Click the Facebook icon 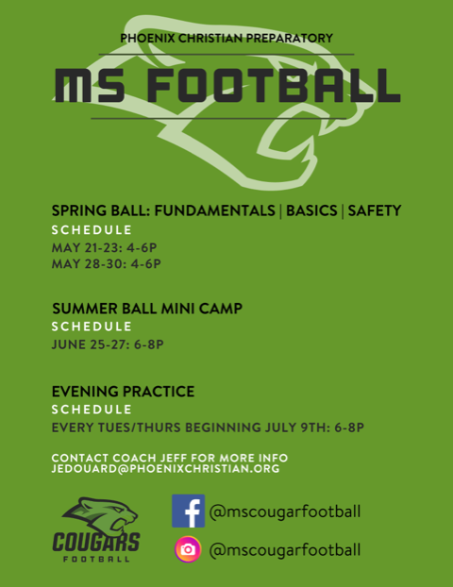pos(188,511)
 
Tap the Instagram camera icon pos(188,549)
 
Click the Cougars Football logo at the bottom pos(96,529)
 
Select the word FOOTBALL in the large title pos(274,85)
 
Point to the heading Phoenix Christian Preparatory pos(226,38)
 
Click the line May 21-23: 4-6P pos(104,247)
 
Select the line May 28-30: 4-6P pos(107,264)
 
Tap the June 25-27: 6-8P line pos(108,344)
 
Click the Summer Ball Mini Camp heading pos(147,309)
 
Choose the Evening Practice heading pos(124,392)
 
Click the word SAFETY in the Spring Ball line pos(375,210)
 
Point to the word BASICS pos(311,210)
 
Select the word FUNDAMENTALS pos(215,210)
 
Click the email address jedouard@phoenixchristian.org pos(165,469)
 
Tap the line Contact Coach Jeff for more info pos(170,458)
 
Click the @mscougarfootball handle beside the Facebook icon pos(285,512)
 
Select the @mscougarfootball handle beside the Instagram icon pos(285,550)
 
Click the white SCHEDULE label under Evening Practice pos(92,410)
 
